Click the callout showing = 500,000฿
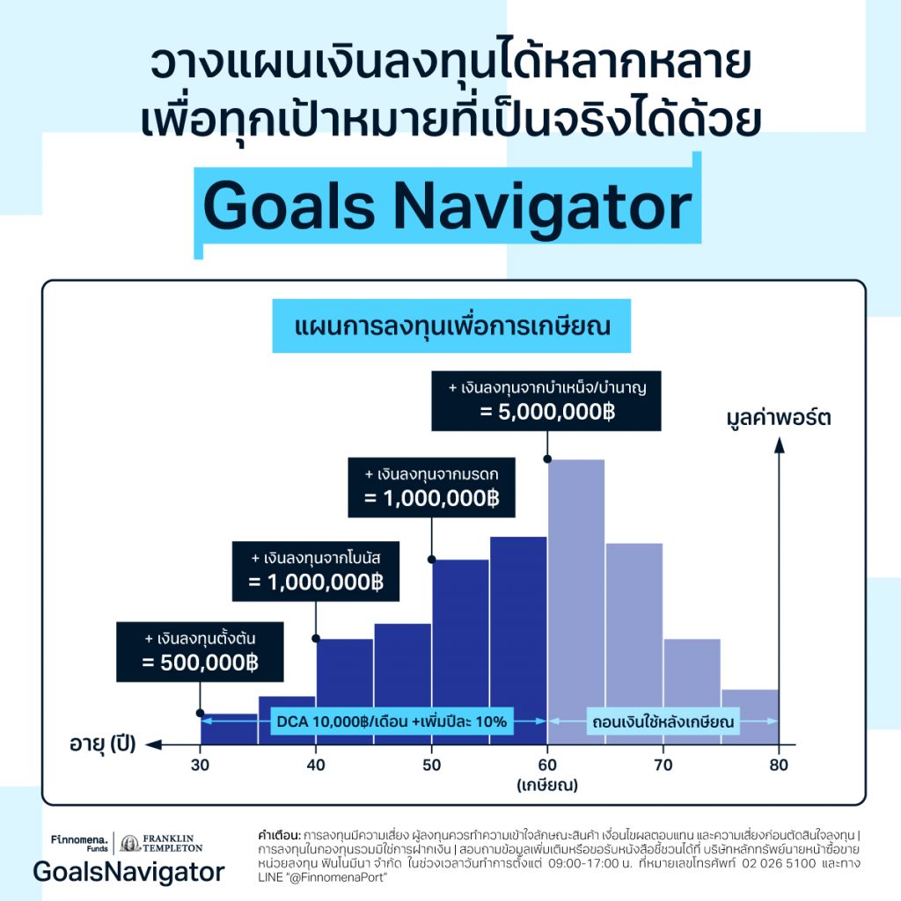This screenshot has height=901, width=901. tap(200, 651)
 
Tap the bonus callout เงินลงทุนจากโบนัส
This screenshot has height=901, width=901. tap(316, 571)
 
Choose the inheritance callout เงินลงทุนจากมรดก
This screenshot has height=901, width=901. tap(431, 487)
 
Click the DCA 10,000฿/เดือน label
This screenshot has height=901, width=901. tap(391, 722)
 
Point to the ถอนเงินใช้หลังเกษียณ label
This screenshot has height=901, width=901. tap(662, 722)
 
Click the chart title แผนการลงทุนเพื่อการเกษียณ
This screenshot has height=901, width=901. tap(452, 326)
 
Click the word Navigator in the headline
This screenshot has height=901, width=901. tap(541, 208)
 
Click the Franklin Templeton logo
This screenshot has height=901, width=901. tap(162, 842)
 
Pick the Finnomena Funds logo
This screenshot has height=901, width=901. tap(80, 842)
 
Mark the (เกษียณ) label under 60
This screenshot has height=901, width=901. tap(547, 783)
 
